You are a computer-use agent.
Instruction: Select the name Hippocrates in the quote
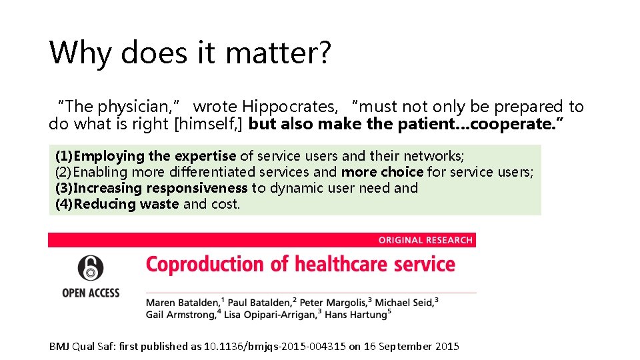(x=290, y=107)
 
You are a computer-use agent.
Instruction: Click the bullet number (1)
(x=64, y=156)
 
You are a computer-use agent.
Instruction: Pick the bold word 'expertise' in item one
(x=205, y=156)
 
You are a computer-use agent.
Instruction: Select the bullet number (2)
(x=64, y=172)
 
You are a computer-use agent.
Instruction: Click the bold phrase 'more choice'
(x=382, y=172)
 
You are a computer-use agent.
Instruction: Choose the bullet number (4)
(x=64, y=204)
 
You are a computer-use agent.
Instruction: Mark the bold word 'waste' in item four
(x=159, y=204)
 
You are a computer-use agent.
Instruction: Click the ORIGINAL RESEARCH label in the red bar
(x=425, y=240)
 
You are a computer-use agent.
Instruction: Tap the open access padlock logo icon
(x=91, y=268)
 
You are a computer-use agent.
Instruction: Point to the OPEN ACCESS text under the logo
(x=91, y=292)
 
